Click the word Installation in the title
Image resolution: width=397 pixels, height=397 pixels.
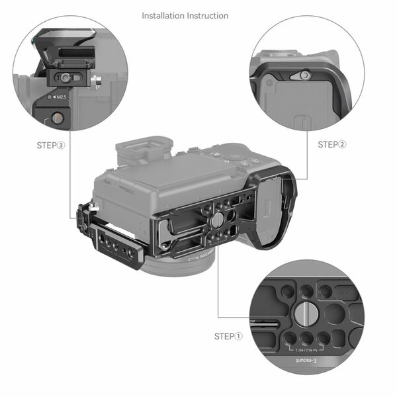coord(163,15)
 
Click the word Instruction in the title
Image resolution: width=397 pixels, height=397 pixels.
coord(207,15)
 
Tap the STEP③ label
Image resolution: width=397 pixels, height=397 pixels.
coord(51,144)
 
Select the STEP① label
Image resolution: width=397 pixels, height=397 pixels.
coord(229,336)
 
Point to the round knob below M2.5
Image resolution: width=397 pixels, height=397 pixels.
coord(58,118)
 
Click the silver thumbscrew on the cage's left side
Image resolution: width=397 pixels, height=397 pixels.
coord(94,208)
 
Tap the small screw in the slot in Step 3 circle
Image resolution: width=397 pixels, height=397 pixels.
coord(65,77)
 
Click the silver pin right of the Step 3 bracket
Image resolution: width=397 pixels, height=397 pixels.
coord(98,82)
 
